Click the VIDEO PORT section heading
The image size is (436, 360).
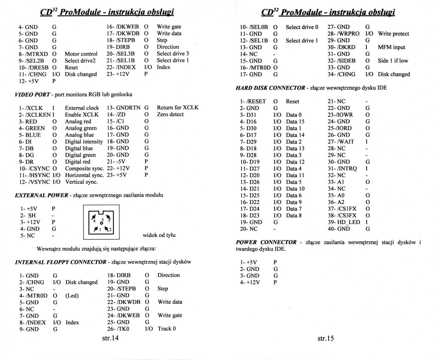[x=32, y=94]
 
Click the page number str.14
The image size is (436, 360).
[x=110, y=338]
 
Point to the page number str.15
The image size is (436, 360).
[x=326, y=338]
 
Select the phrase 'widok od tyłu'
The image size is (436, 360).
[x=159, y=235]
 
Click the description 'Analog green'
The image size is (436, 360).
[x=81, y=128]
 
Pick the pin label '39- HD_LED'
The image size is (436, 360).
[x=344, y=222]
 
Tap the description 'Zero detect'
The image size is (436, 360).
[x=170, y=114]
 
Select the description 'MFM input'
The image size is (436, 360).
[x=391, y=47]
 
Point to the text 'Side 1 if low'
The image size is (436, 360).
[x=393, y=61]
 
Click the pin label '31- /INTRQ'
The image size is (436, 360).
[x=342, y=168]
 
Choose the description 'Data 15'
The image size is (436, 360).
[x=295, y=121]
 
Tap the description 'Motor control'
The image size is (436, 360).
[x=81, y=54]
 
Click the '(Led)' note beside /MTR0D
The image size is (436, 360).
[x=72, y=296]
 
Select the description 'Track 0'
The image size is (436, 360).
[x=167, y=329]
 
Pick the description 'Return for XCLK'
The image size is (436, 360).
[x=177, y=107]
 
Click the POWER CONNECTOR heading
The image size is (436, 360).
[x=266, y=242]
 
